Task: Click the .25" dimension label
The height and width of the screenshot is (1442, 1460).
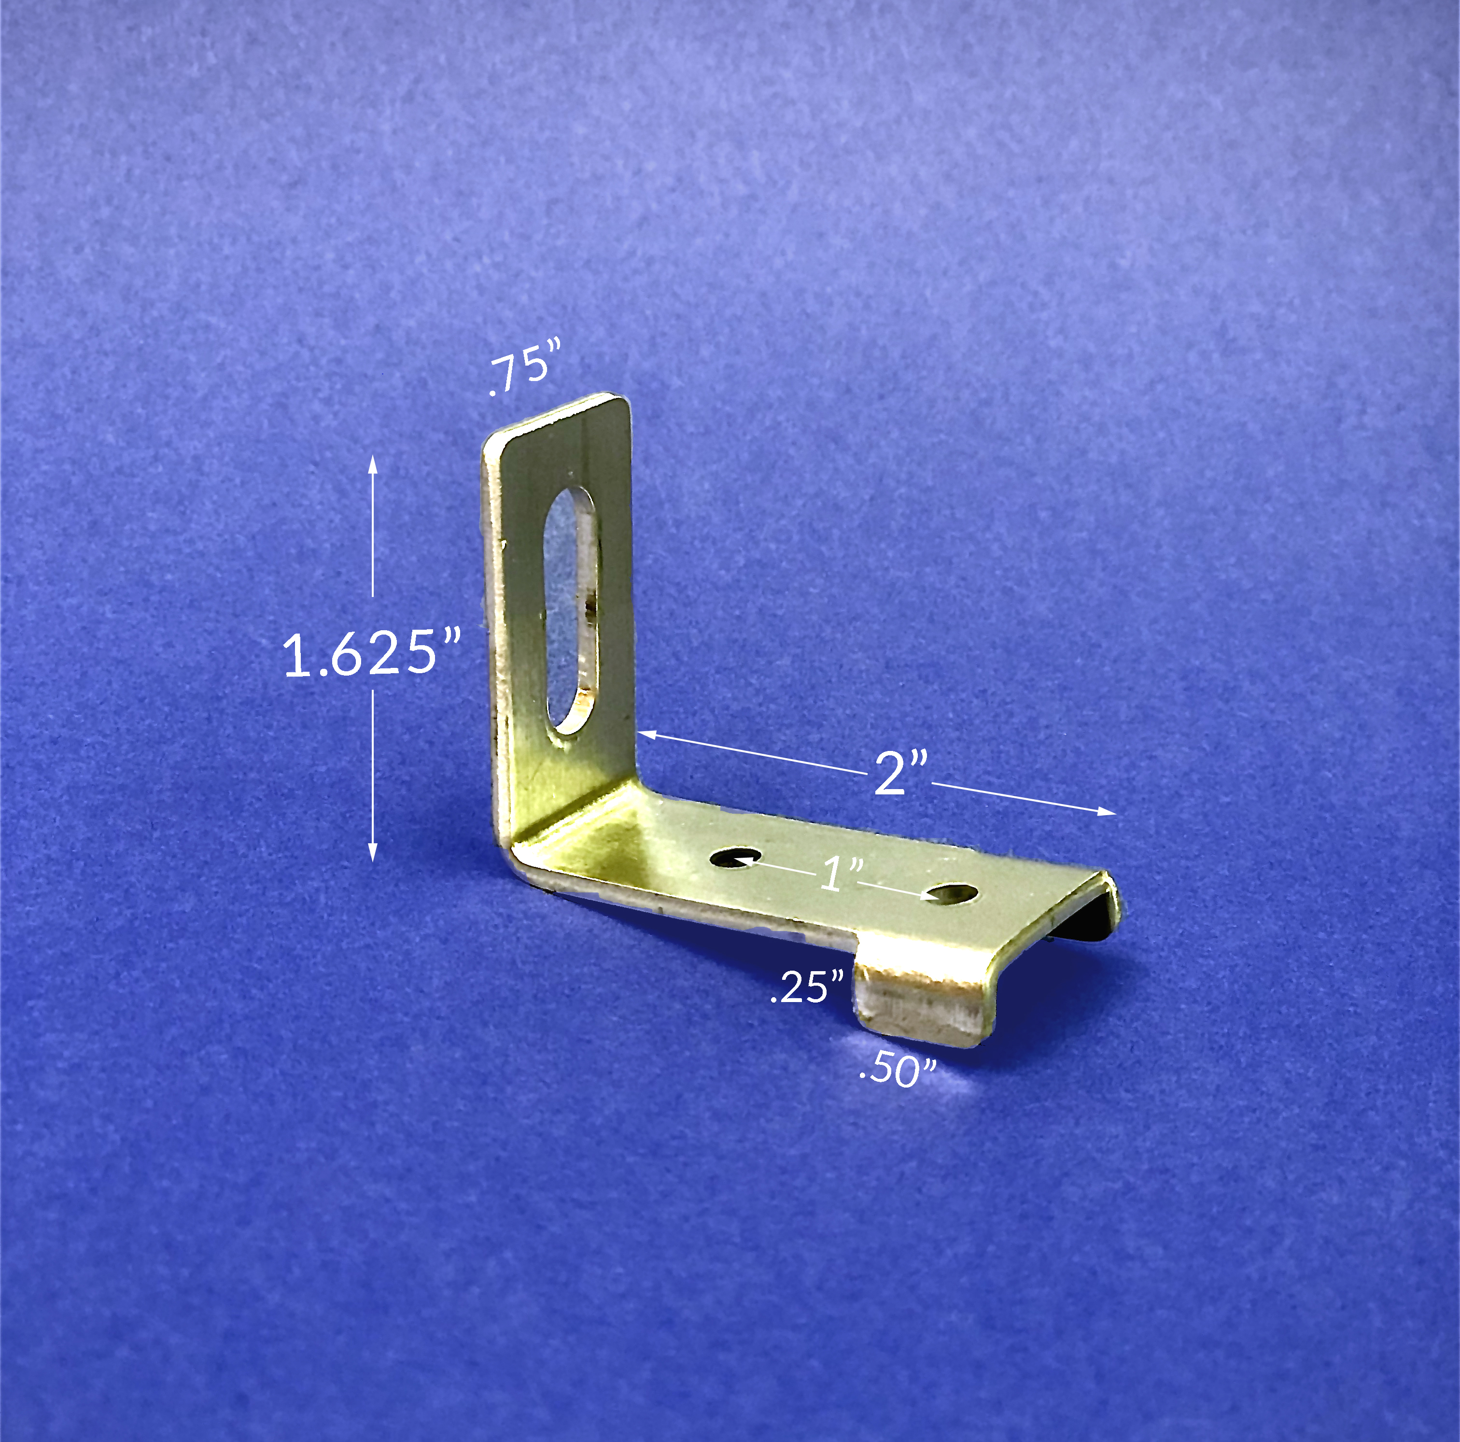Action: pyautogui.click(x=806, y=987)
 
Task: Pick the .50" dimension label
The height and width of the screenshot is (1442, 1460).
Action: pyautogui.click(x=898, y=1069)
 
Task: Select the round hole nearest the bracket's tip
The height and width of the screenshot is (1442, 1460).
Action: pyautogui.click(x=952, y=894)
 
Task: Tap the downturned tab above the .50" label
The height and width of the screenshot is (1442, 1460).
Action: pyautogui.click(x=922, y=1005)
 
